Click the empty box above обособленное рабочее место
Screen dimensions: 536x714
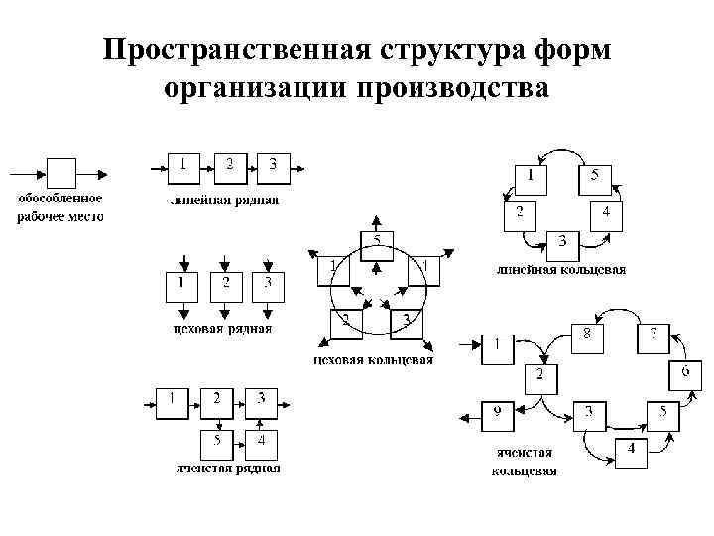coord(61,173)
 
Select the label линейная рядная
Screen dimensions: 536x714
coord(222,200)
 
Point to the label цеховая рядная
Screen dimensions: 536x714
coord(222,328)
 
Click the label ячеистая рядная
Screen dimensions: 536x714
coord(226,468)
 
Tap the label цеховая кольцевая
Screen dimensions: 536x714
coord(373,359)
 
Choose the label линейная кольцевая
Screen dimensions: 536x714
coord(560,269)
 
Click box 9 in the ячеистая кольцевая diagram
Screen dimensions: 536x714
coord(497,414)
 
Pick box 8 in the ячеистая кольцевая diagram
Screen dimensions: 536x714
coord(587,336)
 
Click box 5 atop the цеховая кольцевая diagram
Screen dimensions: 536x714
coord(376,245)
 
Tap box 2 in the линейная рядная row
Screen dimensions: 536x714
coord(229,167)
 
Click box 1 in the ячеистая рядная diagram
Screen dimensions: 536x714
coord(174,401)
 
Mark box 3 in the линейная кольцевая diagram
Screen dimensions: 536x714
coord(562,242)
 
